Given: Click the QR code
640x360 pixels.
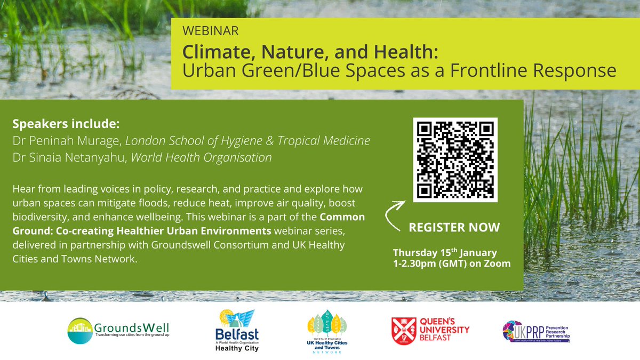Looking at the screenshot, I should click(x=455, y=160).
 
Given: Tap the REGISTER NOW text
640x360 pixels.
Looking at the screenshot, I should click(x=454, y=227).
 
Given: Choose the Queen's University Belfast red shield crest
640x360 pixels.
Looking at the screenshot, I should click(x=401, y=331).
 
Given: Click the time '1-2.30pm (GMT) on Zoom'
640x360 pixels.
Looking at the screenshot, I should click(x=451, y=263).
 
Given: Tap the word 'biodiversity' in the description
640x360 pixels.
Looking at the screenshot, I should click(x=38, y=218).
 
